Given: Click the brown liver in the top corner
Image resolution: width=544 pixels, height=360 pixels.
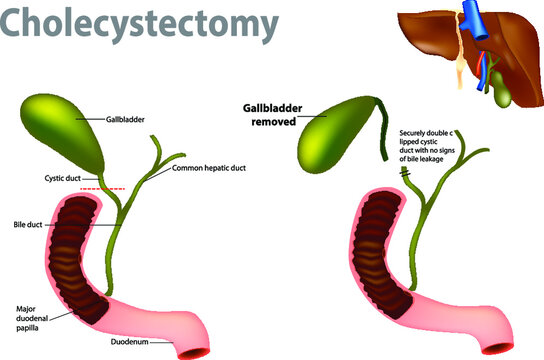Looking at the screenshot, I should pyautogui.click(x=440, y=50).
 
